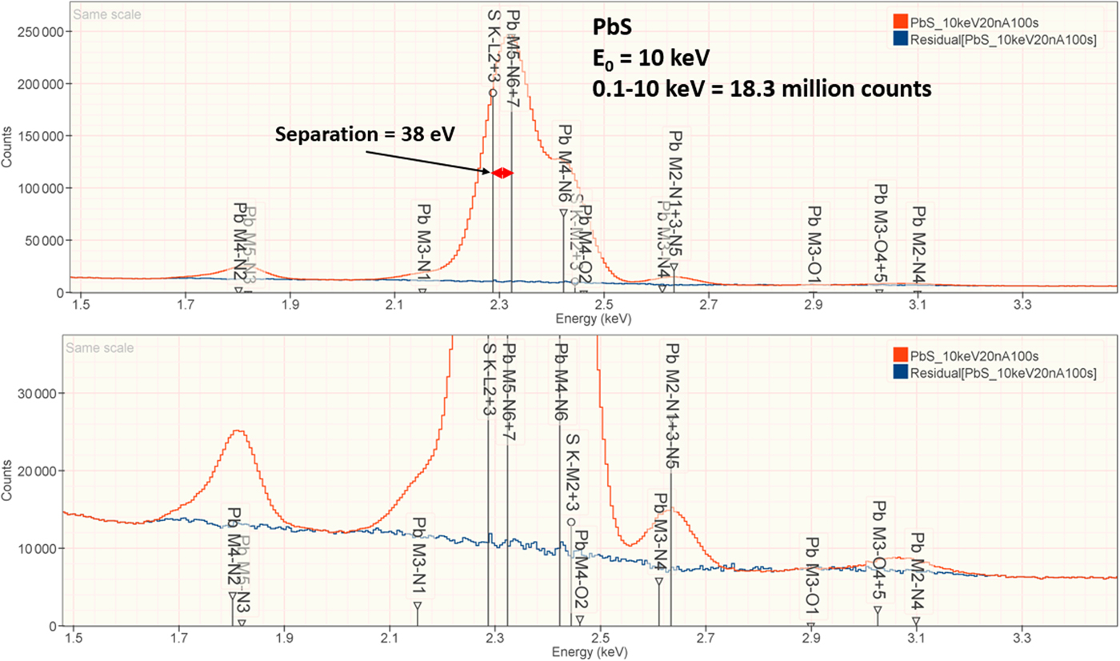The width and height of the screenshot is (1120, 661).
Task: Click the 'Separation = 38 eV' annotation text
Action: (x=365, y=134)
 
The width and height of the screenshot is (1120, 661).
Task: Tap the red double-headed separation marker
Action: (x=502, y=173)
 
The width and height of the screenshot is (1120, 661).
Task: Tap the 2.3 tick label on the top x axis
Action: (x=499, y=304)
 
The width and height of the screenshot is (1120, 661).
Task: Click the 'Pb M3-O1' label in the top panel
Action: (x=814, y=240)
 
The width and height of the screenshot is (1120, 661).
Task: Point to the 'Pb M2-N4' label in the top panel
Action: (x=920, y=240)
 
